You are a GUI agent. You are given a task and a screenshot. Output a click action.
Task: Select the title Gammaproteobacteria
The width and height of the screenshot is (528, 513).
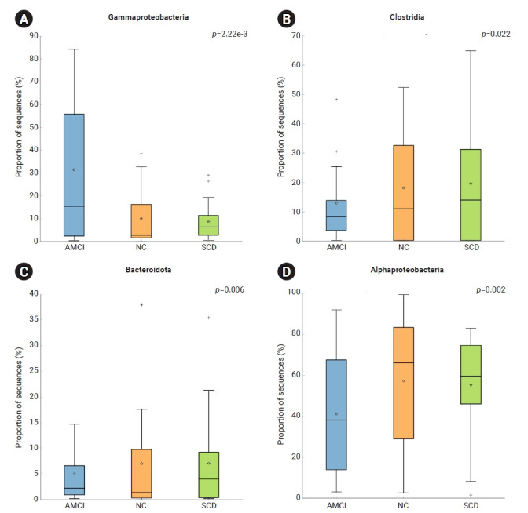pos(141,16)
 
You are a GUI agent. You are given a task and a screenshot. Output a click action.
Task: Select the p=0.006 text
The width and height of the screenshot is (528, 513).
pos(231,290)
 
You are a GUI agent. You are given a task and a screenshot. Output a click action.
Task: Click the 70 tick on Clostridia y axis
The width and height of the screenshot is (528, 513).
pos(297,35)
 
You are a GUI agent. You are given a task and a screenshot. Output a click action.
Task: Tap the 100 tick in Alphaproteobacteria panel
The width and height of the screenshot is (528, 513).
pos(295,292)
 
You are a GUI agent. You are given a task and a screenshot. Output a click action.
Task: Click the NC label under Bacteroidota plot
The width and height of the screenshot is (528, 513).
pos(141,506)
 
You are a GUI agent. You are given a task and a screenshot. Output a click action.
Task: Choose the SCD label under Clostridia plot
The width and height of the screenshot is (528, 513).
pos(470,248)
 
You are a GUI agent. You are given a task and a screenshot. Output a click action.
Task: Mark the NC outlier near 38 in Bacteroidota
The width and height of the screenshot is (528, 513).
pos(141,304)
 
